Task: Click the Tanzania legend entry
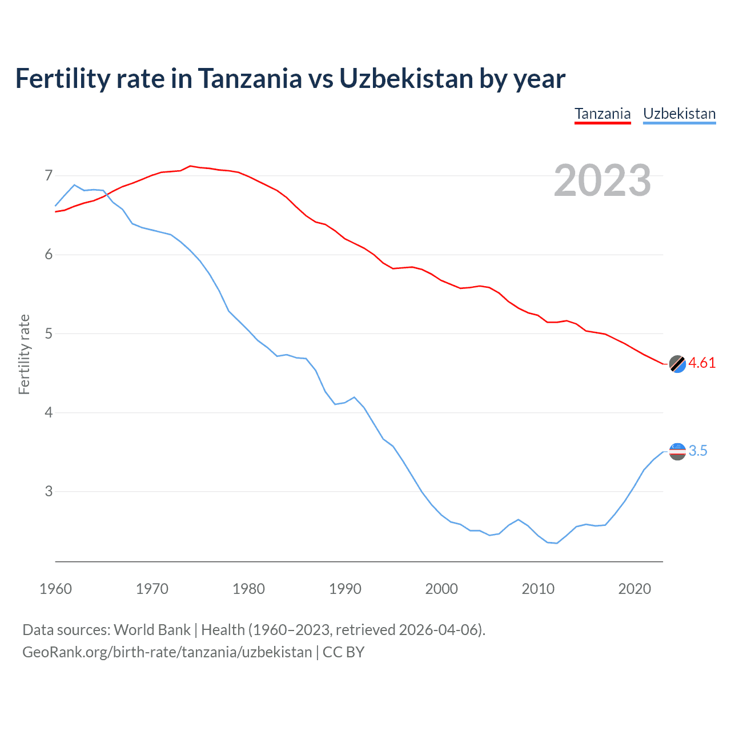pyautogui.click(x=603, y=114)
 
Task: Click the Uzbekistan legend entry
pyautogui.click(x=679, y=114)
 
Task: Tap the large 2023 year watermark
pyautogui.click(x=602, y=180)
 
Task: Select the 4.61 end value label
pyautogui.click(x=702, y=363)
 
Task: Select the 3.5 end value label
pyautogui.click(x=698, y=451)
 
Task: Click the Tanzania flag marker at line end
pyautogui.click(x=677, y=364)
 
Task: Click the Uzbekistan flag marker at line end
pyautogui.click(x=677, y=451)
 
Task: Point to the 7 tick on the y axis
pyautogui.click(x=49, y=175)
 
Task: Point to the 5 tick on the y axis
pyautogui.click(x=49, y=334)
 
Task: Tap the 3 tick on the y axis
pyautogui.click(x=49, y=491)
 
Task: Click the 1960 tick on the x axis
pyautogui.click(x=55, y=589)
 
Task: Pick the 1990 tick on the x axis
pyautogui.click(x=345, y=589)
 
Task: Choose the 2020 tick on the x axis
pyautogui.click(x=634, y=589)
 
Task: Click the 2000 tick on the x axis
pyautogui.click(x=441, y=589)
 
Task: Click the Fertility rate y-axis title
pyautogui.click(x=24, y=354)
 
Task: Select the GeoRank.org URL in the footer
pyautogui.click(x=167, y=652)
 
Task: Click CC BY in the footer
pyautogui.click(x=343, y=652)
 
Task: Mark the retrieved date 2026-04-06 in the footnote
pyautogui.click(x=437, y=630)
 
